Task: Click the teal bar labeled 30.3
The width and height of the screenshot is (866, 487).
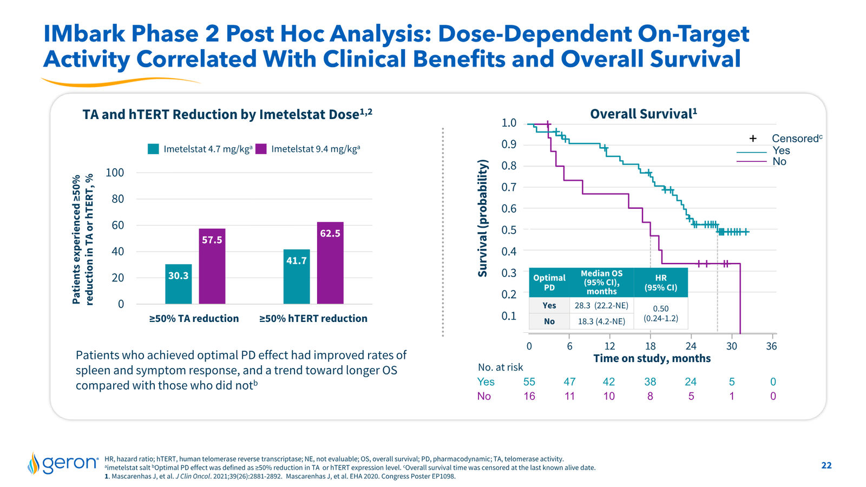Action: [178, 284]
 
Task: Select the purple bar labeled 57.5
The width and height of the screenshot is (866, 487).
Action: [212, 266]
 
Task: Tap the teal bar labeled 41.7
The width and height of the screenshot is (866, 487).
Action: [297, 277]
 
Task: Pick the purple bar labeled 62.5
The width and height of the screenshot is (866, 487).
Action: [330, 263]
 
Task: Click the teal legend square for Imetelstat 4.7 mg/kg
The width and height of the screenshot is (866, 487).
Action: [153, 149]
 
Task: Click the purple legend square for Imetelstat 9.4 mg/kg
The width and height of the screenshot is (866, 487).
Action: [261, 149]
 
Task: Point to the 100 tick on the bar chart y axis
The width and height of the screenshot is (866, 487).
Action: [115, 173]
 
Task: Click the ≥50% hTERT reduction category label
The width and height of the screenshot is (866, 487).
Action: [313, 319]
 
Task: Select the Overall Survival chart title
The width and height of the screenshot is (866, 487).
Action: [644, 114]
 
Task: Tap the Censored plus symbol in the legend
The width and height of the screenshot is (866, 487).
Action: [753, 139]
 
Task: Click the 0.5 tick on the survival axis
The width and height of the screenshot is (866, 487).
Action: [509, 230]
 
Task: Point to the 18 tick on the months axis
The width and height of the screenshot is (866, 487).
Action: [650, 346]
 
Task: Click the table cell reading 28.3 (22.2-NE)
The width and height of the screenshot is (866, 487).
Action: [601, 305]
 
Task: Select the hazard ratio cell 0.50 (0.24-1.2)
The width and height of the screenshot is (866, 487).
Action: [661, 313]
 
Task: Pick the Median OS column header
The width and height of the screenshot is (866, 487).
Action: [601, 282]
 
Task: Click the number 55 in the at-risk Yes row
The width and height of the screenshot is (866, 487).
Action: [529, 382]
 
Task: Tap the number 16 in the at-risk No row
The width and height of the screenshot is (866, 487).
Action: [529, 396]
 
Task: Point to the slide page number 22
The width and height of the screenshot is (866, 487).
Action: [826, 465]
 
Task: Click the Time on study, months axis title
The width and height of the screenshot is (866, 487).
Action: [652, 359]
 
